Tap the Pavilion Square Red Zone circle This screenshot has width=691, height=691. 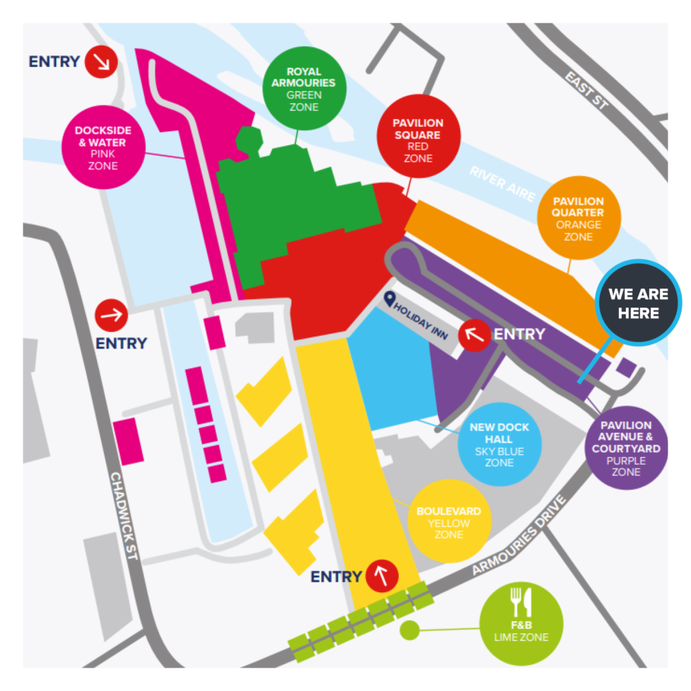point(418,140)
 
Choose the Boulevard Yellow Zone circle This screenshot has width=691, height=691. point(449,521)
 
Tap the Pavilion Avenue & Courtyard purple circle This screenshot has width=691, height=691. point(626,448)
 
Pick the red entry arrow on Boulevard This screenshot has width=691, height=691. point(382,576)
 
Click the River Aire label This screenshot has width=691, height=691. point(503,183)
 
